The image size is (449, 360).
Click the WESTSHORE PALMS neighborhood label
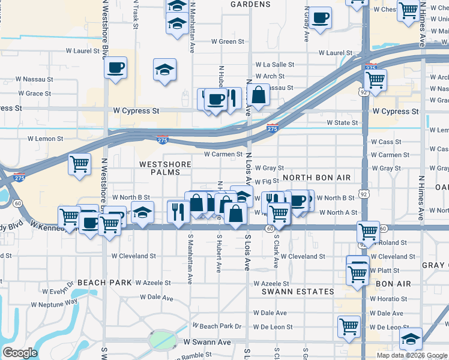[x=165, y=169]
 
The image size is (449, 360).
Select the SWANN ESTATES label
[x=298, y=292]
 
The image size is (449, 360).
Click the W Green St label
[x=228, y=42]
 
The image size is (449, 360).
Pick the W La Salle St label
[x=274, y=64]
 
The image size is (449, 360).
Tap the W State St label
[x=342, y=123]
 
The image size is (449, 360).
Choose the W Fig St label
[x=267, y=181]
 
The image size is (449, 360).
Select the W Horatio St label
[x=388, y=299]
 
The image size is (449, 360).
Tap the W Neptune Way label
[x=55, y=304]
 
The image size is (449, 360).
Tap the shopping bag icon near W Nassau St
[x=258, y=94]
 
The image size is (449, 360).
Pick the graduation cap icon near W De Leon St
[x=411, y=339]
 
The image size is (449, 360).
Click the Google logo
[x=20, y=353]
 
